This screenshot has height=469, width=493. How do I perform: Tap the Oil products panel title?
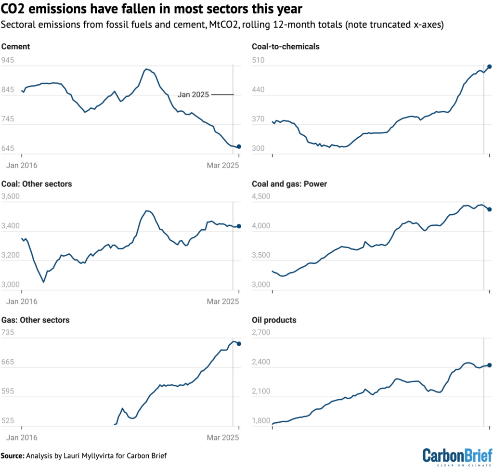(274, 320)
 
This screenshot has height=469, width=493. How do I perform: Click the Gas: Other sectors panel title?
(36, 320)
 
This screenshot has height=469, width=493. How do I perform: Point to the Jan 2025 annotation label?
(193, 95)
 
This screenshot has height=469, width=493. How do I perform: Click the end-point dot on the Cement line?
(239, 146)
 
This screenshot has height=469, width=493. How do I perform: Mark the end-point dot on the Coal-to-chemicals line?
(489, 67)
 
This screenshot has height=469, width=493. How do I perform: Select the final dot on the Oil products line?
(489, 365)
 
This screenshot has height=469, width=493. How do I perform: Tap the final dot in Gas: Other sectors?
(239, 343)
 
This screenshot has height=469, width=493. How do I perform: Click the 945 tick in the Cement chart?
(8, 61)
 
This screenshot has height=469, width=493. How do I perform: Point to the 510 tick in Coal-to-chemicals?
(259, 61)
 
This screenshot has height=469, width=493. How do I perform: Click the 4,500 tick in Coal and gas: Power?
(261, 197)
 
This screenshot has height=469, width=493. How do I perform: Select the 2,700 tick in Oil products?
(261, 333)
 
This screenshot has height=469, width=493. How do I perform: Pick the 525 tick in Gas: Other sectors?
(8, 421)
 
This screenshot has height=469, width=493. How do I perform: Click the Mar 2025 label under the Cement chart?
(223, 165)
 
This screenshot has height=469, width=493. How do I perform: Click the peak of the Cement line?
(146, 69)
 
